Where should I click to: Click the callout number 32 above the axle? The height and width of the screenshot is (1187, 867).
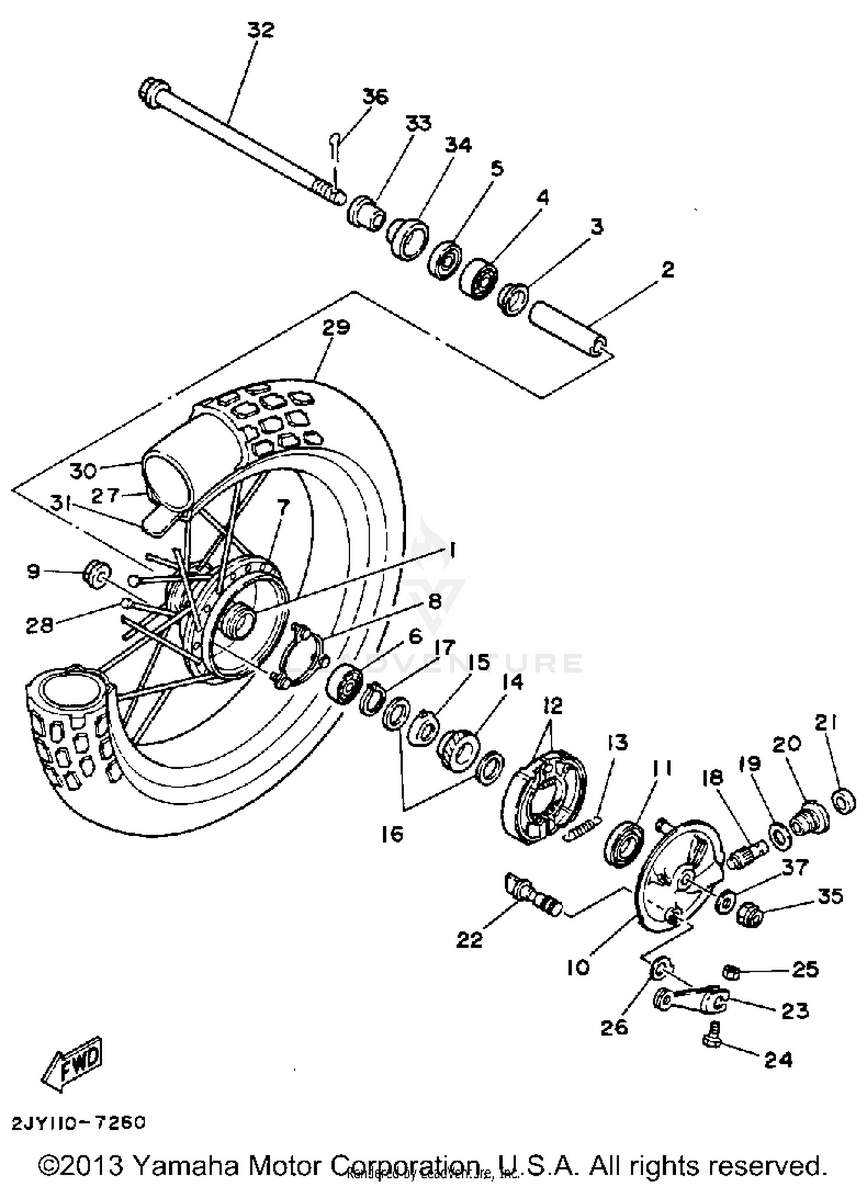pos(260,30)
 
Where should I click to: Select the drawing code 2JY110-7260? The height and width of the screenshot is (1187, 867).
pos(79,1123)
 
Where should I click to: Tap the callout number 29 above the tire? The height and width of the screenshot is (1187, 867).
pos(336,328)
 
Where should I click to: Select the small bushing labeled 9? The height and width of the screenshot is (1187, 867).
pos(97,573)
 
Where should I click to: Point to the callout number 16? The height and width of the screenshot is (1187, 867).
pos(392,834)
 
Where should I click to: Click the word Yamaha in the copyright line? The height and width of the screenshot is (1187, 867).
pos(186,1165)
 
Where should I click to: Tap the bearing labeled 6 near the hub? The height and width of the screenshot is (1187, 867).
pos(343,684)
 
